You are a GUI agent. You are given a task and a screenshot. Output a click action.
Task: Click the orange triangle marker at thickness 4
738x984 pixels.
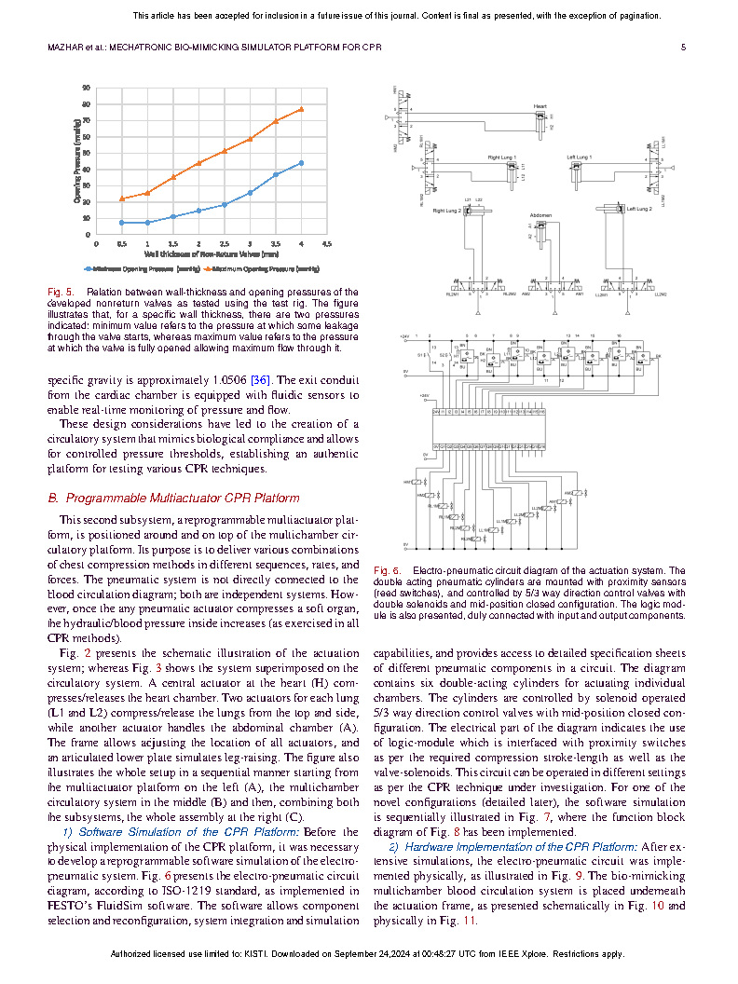tap(301, 109)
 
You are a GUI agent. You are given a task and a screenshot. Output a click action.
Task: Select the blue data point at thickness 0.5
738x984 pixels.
tap(122, 223)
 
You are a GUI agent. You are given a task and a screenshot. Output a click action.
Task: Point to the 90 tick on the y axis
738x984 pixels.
tap(87, 89)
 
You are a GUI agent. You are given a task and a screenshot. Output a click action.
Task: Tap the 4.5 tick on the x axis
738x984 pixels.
tap(326, 243)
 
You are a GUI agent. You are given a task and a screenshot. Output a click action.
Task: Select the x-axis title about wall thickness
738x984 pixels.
tap(211, 253)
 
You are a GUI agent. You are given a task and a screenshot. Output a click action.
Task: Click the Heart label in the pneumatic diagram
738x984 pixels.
tap(540, 106)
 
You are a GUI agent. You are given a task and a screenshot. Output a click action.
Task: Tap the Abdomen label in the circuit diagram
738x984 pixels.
tap(541, 215)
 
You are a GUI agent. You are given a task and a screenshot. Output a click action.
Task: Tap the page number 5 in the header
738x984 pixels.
tap(683, 48)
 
